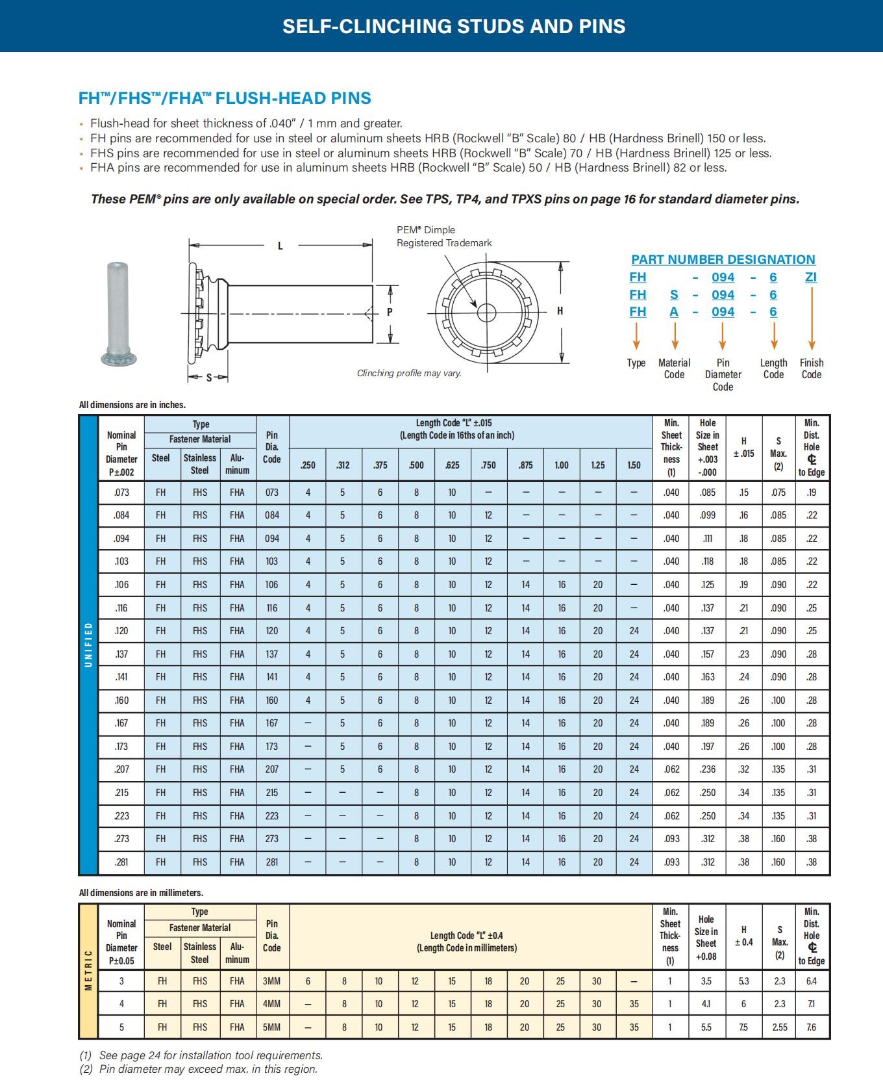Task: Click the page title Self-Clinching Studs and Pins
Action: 454,26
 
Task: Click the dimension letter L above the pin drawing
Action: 280,246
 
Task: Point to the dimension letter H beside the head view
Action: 560,311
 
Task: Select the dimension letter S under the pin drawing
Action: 208,378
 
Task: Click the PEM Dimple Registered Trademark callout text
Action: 444,237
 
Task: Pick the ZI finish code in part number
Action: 811,277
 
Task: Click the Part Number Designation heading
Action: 723,259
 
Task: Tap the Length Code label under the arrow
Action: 773,368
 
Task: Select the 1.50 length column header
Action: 634,465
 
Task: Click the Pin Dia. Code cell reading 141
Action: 271,677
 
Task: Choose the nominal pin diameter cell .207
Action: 121,769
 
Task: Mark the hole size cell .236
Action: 708,769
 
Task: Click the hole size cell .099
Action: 708,515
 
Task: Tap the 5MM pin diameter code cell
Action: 271,1027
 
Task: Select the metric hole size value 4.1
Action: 706,1004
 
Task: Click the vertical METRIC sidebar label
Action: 88,971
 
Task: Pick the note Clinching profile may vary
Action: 409,373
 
